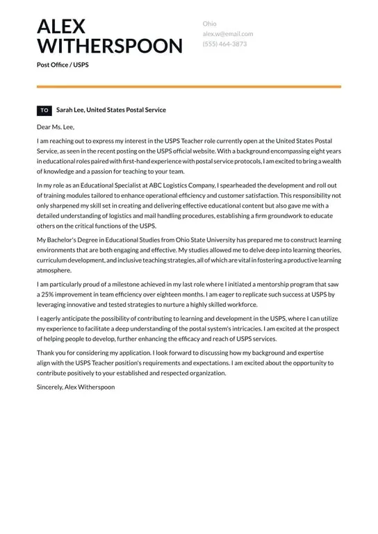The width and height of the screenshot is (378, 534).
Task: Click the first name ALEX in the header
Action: tap(61, 26)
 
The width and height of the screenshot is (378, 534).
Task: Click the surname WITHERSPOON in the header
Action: tap(110, 47)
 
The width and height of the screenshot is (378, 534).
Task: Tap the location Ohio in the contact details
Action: tap(209, 24)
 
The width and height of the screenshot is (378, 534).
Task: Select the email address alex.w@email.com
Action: tap(228, 33)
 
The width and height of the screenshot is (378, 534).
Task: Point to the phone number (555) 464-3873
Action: tap(224, 44)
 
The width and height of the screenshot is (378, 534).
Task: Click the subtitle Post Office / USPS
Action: tap(63, 65)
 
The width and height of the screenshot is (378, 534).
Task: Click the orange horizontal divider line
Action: tap(189, 87)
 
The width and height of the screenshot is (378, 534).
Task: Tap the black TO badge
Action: tap(44, 110)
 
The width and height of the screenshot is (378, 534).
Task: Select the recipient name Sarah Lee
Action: tap(69, 110)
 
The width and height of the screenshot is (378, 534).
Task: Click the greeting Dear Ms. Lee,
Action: tap(56, 127)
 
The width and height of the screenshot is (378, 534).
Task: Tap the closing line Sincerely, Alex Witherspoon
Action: tap(76, 387)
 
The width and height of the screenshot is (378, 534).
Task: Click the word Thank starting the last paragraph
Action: tap(45, 353)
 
